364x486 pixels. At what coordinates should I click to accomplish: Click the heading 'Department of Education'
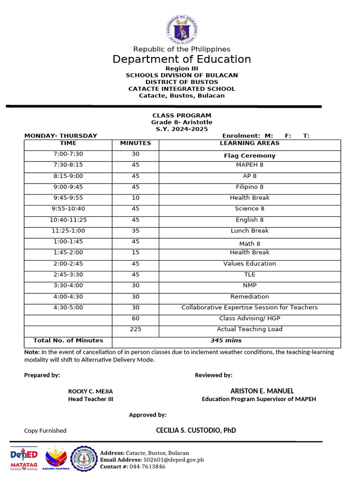point(182,59)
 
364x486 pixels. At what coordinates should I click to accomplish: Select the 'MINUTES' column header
point(136,143)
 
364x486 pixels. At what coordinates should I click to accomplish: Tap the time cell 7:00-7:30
point(68,154)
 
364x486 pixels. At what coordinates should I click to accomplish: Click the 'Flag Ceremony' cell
point(249,156)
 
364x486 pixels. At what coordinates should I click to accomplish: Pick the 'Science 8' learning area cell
point(249,209)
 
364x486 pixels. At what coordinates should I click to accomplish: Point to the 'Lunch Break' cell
point(249,231)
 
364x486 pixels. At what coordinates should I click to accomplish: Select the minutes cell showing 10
point(136,198)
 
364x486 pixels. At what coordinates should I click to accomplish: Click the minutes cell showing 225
point(136,329)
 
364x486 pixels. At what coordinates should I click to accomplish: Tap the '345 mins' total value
point(226,341)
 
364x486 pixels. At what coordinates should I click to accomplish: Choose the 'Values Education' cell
point(249,264)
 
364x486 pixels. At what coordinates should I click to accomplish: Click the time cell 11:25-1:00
point(68,231)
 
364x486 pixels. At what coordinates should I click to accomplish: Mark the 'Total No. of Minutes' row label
point(68,341)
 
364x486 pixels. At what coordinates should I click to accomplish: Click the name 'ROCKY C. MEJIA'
point(91,392)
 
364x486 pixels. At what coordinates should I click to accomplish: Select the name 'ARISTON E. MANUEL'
point(258,391)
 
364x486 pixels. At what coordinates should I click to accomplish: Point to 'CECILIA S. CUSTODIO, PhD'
point(196,430)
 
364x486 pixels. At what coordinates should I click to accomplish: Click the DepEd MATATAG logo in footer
point(24,459)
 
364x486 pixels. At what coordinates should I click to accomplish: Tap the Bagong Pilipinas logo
point(56,459)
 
